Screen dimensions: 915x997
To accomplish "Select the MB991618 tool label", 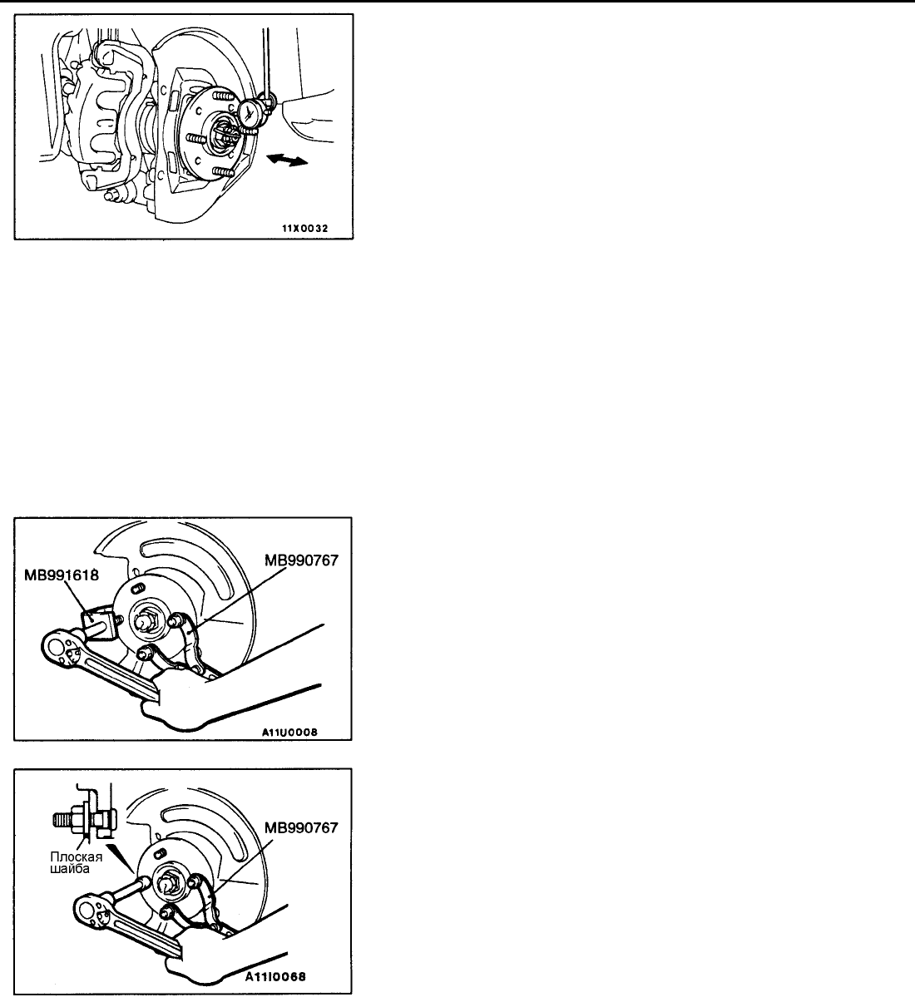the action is pyautogui.click(x=62, y=575).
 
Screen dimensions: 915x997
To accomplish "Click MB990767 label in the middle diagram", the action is pyautogui.click(x=301, y=560).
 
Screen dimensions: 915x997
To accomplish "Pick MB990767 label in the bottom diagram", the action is pyautogui.click(x=301, y=828).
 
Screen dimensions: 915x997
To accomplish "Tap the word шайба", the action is pyautogui.click(x=70, y=869).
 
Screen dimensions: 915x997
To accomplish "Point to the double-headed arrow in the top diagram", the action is pyautogui.click(x=288, y=160).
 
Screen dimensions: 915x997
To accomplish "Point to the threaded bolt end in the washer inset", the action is pyautogui.click(x=64, y=821).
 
